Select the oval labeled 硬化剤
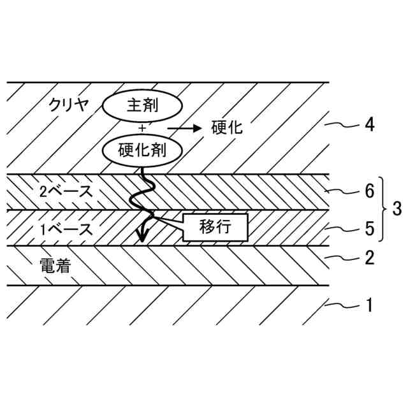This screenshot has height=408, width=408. coord(142,150)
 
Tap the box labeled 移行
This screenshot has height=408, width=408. coord(215,227)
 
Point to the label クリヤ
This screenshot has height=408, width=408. coord(70,105)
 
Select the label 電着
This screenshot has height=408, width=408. coord(53,265)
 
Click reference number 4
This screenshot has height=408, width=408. coord(368,124)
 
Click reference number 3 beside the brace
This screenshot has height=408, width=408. coord(397,209)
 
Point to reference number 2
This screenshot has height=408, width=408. coord(368,258)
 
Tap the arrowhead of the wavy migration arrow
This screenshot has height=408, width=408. coord(142,237)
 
